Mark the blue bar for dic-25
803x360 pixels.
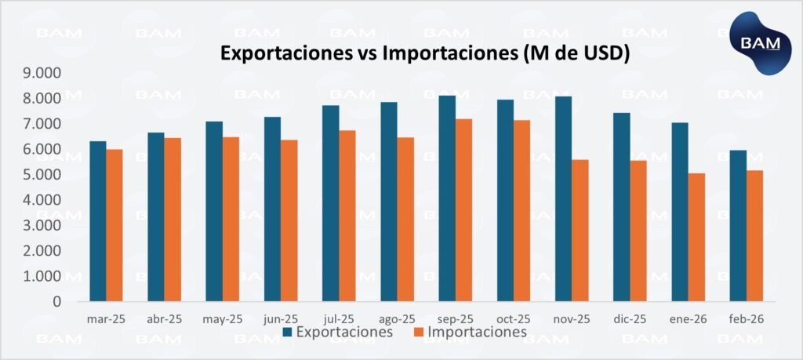[x=621, y=207]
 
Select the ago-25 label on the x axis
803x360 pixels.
[x=396, y=319]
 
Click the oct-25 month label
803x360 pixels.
[x=513, y=319]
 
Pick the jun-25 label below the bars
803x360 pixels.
[x=280, y=319]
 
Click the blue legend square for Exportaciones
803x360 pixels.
[x=288, y=333]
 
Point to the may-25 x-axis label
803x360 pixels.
[x=222, y=319]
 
